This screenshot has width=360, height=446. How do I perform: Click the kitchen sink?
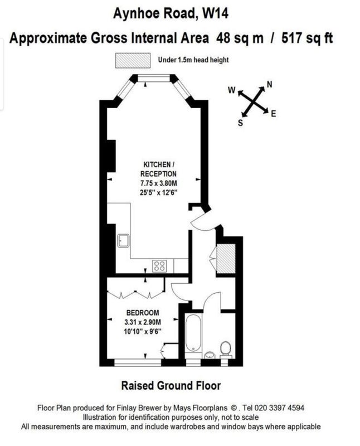pos(123,241)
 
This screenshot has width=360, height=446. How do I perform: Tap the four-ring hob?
pos(159,266)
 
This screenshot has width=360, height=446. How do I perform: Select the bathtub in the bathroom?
pos(193,333)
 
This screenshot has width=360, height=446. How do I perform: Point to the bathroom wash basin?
pos(210,355)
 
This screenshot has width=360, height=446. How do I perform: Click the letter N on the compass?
pos(269,85)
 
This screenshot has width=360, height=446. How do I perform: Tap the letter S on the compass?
pos(240,123)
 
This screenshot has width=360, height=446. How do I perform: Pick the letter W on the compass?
pos(232,90)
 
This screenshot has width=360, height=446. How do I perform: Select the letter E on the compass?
pos(273,114)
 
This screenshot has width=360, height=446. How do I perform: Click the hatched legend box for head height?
pos(133,60)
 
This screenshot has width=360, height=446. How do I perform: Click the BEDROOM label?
pos(143,313)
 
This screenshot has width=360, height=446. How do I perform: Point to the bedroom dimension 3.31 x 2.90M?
pos(143,322)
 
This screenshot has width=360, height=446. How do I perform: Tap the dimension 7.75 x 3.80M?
pos(159,183)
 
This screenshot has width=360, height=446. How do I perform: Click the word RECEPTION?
pos(158,174)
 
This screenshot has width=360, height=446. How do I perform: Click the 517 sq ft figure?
pos(307,38)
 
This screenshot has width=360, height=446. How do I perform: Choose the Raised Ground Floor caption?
pos(171,386)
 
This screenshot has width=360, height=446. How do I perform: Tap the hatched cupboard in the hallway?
pos(226,258)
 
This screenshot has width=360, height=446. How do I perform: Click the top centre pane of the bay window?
pos(154,78)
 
